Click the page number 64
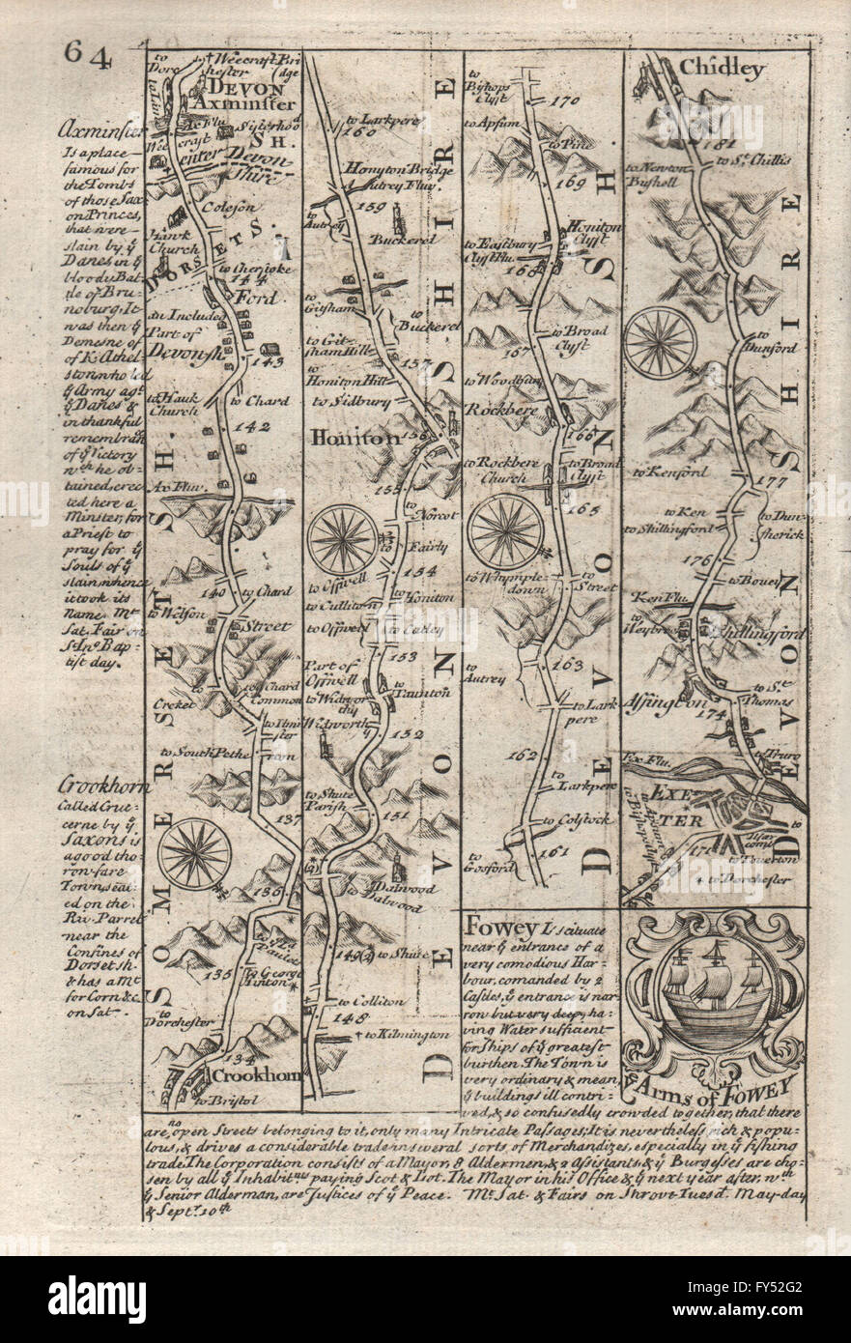point(90,56)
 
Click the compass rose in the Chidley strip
point(661,341)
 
